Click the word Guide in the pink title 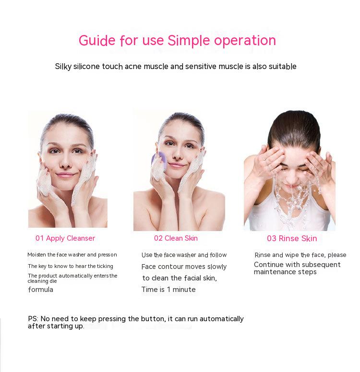[97, 41]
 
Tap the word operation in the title [245, 41]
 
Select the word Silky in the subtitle [63, 67]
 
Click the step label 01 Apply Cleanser [65, 238]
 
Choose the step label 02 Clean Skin [176, 238]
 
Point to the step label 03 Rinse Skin [292, 238]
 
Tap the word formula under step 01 [41, 290]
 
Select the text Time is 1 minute [168, 290]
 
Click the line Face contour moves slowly [184, 267]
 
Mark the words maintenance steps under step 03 [285, 272]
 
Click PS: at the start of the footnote [33, 319]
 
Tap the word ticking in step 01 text [105, 266]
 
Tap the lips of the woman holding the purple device [176, 165]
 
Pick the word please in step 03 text [337, 255]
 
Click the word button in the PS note [153, 319]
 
